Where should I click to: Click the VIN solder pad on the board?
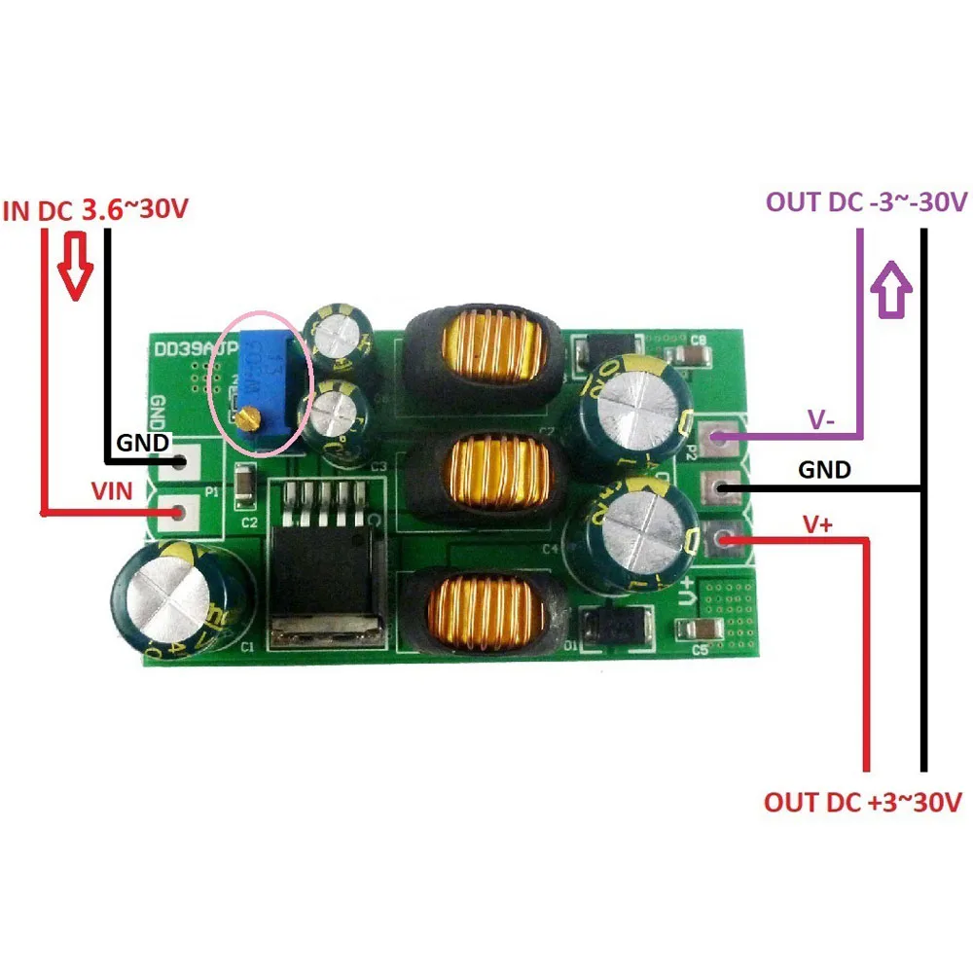pyautogui.click(x=179, y=510)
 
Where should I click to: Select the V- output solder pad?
pyautogui.click(x=721, y=440)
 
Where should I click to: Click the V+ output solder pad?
pyautogui.click(x=721, y=537)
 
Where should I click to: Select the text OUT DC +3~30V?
pyautogui.click(x=862, y=803)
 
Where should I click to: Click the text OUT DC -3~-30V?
pyautogui.click(x=866, y=202)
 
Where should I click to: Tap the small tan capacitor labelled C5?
pyautogui.click(x=707, y=631)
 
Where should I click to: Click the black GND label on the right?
pyautogui.click(x=823, y=471)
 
